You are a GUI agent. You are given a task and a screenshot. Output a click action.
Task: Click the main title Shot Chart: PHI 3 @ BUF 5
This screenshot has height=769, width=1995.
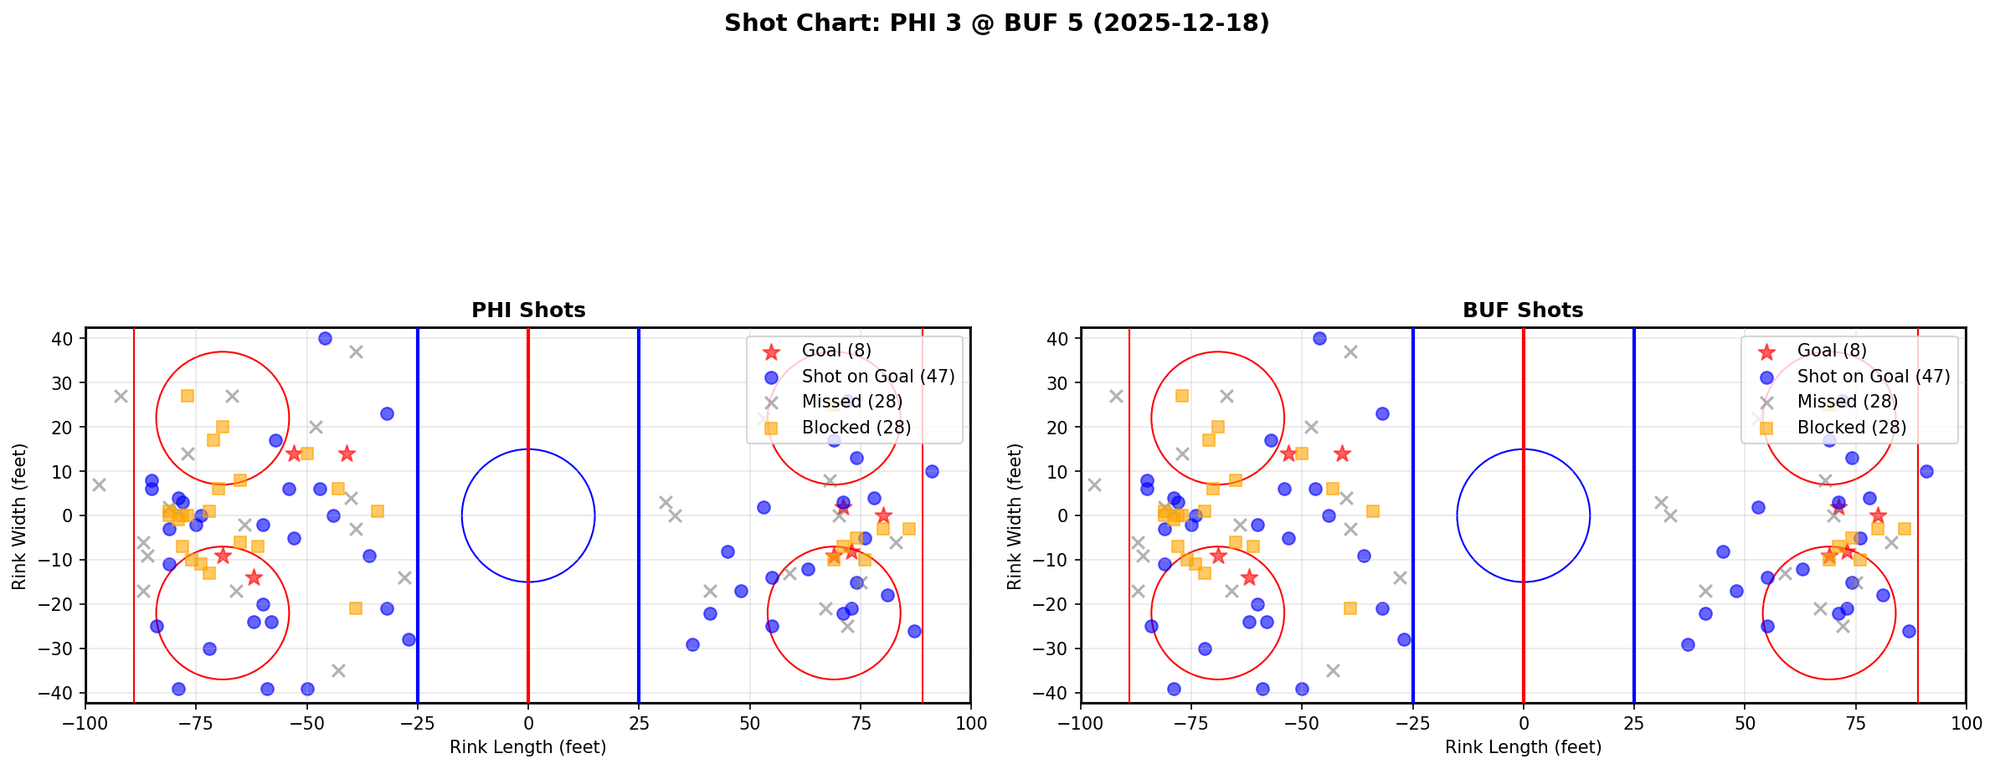(996, 23)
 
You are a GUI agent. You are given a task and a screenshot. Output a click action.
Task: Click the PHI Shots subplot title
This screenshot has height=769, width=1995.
(528, 310)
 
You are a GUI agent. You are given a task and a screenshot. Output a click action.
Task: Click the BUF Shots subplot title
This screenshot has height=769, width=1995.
(1523, 310)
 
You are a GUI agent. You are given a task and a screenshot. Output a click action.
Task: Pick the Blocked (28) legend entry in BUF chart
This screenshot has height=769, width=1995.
(1851, 428)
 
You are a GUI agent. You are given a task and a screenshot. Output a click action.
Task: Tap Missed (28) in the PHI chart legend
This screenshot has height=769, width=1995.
(851, 402)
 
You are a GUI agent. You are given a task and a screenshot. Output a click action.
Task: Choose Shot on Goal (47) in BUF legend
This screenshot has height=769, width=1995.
(1873, 377)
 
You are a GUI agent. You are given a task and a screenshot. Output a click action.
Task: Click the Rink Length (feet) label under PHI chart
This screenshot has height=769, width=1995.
(528, 747)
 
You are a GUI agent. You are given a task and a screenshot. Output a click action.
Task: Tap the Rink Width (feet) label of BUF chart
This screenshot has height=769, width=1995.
(1015, 516)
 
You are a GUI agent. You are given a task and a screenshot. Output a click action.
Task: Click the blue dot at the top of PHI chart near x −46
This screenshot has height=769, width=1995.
(325, 338)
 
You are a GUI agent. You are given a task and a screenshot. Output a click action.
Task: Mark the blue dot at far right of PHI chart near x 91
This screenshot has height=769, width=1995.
(932, 471)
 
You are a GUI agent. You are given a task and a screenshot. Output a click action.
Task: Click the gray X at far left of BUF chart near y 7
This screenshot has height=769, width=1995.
(1094, 484)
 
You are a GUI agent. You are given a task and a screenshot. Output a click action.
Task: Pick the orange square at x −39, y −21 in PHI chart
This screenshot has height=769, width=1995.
(356, 608)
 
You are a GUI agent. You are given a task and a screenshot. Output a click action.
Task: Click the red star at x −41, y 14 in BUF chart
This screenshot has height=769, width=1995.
(1342, 454)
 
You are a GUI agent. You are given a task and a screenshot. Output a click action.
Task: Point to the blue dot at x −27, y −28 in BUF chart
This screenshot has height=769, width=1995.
(1404, 639)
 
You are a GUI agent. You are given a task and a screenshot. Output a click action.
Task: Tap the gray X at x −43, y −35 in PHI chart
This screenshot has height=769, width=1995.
(338, 670)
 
